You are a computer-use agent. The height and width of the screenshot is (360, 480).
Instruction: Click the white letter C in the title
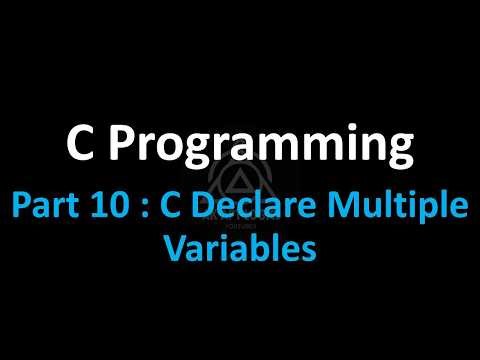pyautogui.click(x=81, y=147)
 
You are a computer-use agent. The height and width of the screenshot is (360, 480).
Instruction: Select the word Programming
pyautogui.click(x=261, y=150)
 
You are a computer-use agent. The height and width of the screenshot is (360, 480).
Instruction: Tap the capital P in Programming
pyautogui.click(x=122, y=147)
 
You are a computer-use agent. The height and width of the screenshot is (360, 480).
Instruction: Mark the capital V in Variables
pyautogui.click(x=177, y=248)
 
